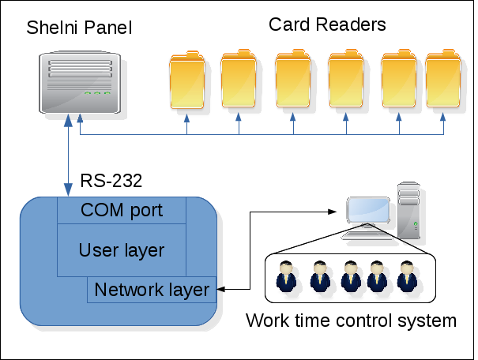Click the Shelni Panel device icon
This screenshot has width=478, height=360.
(80, 82)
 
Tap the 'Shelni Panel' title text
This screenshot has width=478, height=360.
(79, 28)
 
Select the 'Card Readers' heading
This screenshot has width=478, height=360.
(327, 24)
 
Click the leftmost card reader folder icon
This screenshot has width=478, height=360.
(187, 80)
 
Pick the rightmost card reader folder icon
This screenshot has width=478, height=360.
(443, 78)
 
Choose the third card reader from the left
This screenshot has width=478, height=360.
(293, 78)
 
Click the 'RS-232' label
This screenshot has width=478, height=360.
(111, 181)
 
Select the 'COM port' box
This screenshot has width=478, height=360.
(122, 210)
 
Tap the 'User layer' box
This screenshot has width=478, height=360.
(122, 250)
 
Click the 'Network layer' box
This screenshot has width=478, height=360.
(152, 290)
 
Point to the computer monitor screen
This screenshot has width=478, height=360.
(368, 210)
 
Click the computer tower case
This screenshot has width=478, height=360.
(408, 210)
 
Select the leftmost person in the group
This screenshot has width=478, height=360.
(286, 276)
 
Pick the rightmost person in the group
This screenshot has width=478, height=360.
(407, 276)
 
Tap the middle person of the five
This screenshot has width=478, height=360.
(351, 276)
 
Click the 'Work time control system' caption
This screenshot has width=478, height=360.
(351, 321)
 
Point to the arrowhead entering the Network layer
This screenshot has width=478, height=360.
(220, 289)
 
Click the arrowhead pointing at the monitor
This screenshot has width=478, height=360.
(332, 212)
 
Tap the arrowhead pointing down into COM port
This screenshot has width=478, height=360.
(68, 190)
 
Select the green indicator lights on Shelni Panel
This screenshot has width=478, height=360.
(97, 93)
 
